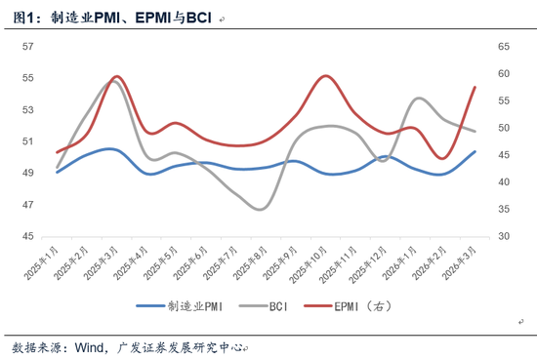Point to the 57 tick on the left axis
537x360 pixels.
point(28,46)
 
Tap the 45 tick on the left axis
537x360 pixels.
point(28,236)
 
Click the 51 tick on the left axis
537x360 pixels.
point(28,141)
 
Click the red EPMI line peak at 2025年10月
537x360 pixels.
point(324,76)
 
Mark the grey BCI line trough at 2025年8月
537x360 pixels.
point(260,209)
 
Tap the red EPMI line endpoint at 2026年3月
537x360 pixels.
point(475,87)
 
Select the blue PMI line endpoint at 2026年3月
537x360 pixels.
point(475,151)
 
